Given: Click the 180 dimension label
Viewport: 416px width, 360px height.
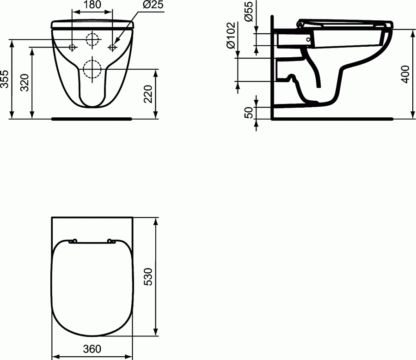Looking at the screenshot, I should (92, 5).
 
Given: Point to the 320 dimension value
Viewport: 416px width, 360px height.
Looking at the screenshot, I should (26, 82).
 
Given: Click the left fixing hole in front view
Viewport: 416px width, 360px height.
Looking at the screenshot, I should (72, 47).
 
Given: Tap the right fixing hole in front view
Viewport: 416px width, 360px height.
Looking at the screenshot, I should (112, 47).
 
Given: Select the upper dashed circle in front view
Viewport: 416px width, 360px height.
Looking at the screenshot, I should (92, 40).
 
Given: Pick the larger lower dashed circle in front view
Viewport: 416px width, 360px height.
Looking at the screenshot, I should (92, 69).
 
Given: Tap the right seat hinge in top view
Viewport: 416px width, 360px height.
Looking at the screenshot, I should (111, 241).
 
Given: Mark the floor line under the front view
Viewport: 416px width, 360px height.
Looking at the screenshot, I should (92, 119).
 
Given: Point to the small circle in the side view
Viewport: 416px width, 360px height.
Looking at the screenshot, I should (309, 40).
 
